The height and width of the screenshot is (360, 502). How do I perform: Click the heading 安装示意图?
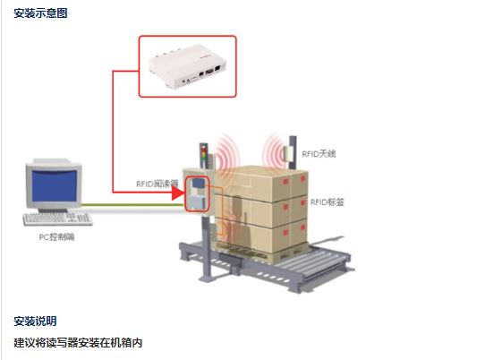point(40,13)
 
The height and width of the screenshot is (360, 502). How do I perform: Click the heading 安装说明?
point(35,321)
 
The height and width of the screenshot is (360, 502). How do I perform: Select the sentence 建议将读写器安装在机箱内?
point(78,343)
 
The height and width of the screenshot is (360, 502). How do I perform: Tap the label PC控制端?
point(56,237)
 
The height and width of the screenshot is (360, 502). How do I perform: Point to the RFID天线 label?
point(319,154)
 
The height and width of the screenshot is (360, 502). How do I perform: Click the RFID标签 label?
point(327,202)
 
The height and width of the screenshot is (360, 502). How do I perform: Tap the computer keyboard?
point(57,219)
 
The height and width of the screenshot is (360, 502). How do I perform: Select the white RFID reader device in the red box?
point(188,66)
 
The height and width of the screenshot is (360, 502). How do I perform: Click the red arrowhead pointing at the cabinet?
point(178,193)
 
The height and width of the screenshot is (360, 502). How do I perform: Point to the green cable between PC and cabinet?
point(132,204)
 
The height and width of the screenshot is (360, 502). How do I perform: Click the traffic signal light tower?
point(204,155)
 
